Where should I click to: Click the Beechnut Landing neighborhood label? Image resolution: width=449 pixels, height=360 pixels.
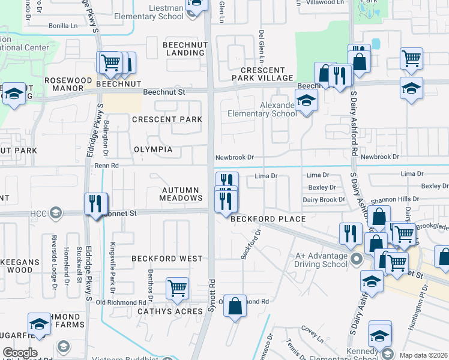(x=184, y=48)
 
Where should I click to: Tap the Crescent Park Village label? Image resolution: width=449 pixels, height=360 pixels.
(x=263, y=74)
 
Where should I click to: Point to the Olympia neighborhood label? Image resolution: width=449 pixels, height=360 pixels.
(x=153, y=149)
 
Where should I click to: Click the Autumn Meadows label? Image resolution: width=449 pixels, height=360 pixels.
(x=181, y=194)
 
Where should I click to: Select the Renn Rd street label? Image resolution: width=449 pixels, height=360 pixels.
(x=107, y=166)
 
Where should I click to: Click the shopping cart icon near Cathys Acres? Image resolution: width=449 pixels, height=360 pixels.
(x=177, y=289)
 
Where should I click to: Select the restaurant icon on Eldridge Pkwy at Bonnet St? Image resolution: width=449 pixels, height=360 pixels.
(x=96, y=204)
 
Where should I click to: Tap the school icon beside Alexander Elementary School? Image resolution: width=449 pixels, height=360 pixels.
(x=306, y=100)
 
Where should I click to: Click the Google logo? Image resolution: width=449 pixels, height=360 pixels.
(x=20, y=353)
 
